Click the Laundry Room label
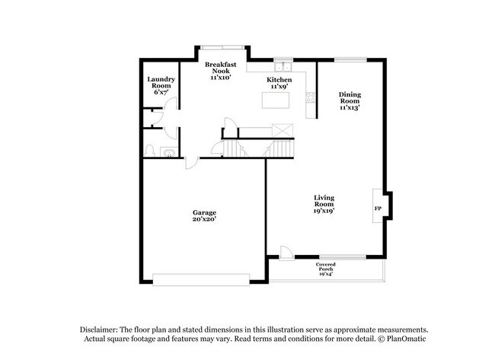[x=161, y=83]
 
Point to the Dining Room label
[x=350, y=97]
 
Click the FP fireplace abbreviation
[x=377, y=208]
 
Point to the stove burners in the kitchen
[x=310, y=96]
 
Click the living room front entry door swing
[x=285, y=252]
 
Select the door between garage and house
[x=192, y=162]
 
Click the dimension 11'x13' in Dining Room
[x=350, y=108]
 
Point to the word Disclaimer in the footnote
[x=101, y=328]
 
